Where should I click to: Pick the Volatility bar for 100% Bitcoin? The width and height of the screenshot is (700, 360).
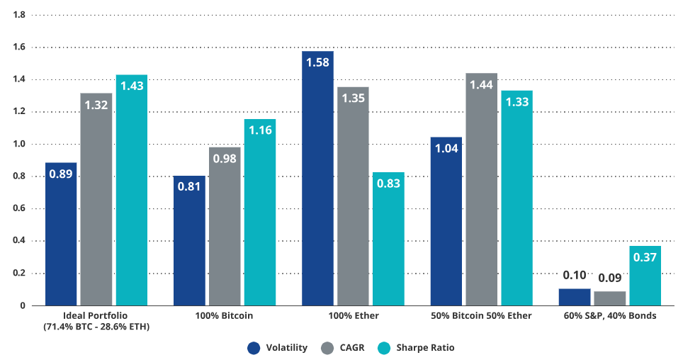tap(189, 240)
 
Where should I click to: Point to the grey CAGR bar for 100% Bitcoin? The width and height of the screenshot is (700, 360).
tap(225, 226)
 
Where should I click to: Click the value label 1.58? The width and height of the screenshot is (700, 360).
tap(317, 62)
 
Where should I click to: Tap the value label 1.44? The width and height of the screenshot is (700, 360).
tap(481, 84)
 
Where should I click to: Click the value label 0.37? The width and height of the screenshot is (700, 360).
tap(645, 257)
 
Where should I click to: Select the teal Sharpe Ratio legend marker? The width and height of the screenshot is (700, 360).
tap(385, 347)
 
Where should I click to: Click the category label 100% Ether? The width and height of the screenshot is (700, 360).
tap(353, 315)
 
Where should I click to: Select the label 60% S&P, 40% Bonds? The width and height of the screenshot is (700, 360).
tap(609, 315)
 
